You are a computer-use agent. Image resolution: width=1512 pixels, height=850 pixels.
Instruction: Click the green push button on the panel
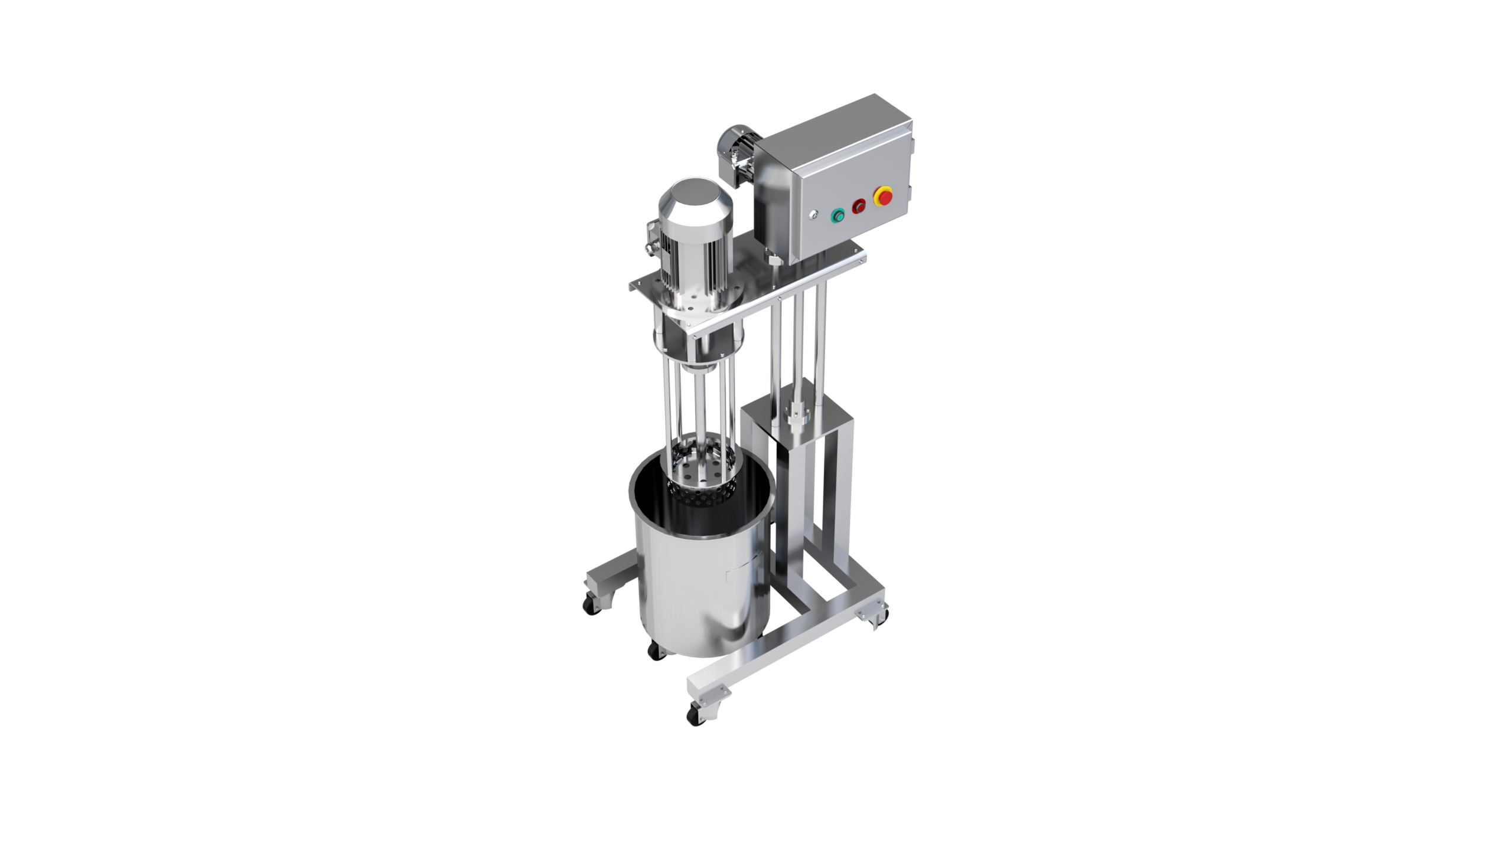coord(837,216)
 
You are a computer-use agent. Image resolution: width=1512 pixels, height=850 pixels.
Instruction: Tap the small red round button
coord(858,206)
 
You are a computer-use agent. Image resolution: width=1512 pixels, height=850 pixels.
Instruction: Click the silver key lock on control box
coord(814,215)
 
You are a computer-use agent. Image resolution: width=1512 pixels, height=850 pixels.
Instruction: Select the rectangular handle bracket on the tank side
coord(745,567)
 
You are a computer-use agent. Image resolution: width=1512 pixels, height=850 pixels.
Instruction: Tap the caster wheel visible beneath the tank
coord(654,650)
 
